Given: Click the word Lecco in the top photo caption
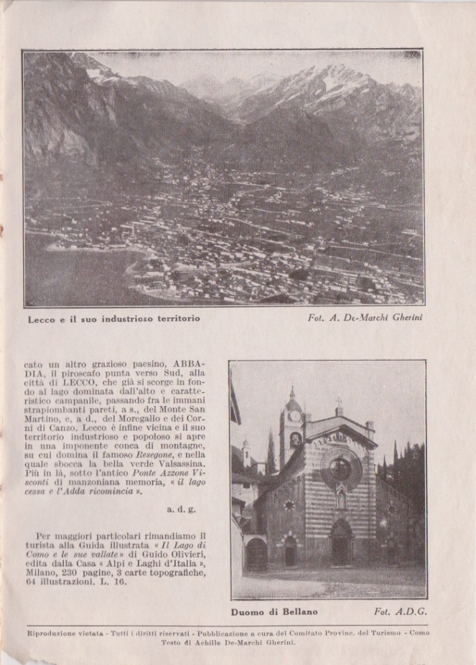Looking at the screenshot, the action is [x=41, y=317].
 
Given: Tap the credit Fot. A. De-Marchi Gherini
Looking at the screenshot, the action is [x=370, y=317].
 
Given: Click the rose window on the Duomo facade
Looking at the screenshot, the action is [x=340, y=469].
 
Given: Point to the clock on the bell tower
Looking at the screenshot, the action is [x=294, y=416].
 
